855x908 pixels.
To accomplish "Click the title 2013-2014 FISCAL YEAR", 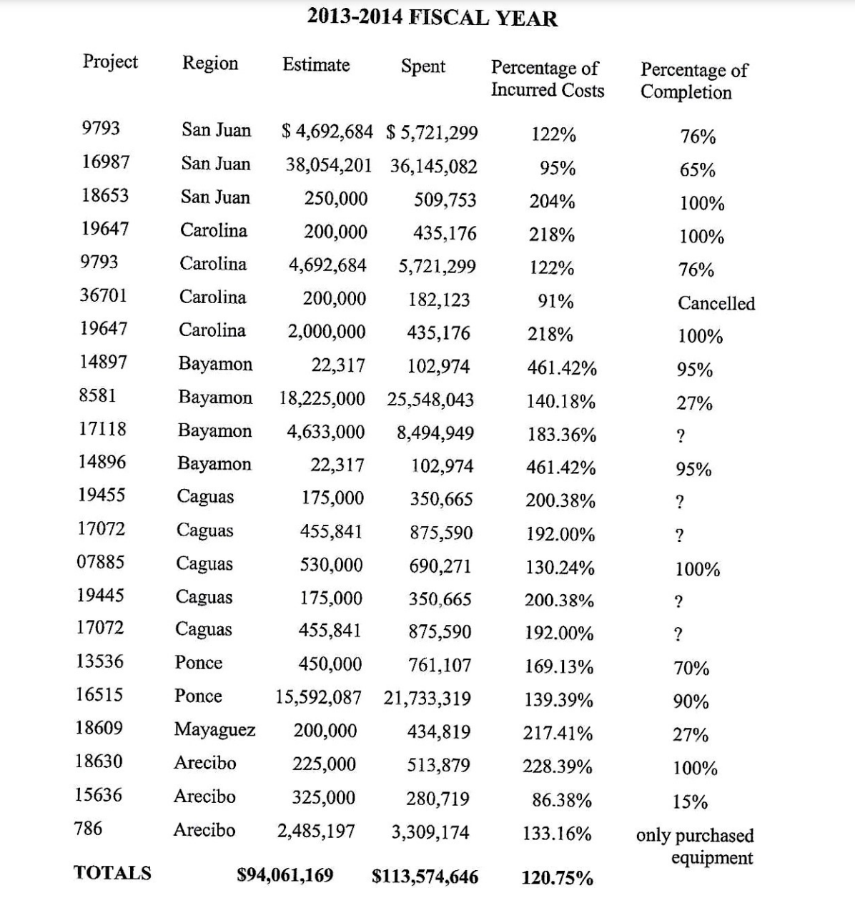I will point(432,17).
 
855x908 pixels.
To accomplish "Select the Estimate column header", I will point(316,65).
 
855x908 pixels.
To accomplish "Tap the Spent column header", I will point(422,66).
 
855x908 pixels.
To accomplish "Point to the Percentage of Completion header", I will point(693,81).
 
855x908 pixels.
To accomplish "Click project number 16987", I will point(105,162).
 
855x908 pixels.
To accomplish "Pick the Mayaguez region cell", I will point(214,730).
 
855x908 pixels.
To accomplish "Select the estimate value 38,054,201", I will point(329,166).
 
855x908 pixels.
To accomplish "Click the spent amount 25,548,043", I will point(430,400).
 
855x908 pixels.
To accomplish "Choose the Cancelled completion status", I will point(716,303).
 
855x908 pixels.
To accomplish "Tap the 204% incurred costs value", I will point(552,202).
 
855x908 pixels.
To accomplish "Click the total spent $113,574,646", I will point(425,877).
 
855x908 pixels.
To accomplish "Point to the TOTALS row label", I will point(112,873).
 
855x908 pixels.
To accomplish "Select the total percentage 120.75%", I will point(557,878).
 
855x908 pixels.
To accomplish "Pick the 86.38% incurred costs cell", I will point(561,800).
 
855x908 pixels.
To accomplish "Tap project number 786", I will point(88,829).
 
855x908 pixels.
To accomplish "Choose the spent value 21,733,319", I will point(427,699).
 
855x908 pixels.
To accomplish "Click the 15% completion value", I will point(690,802).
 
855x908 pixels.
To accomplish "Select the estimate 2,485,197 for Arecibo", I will point(316,831).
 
